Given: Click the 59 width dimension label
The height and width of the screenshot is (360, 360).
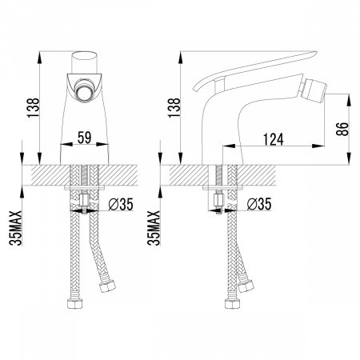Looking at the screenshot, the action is [x=84, y=138].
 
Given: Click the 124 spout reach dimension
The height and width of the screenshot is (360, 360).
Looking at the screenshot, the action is [x=274, y=139].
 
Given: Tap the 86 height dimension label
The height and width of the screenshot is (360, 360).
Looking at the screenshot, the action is [x=342, y=129].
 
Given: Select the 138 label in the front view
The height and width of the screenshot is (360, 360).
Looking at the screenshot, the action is [x=33, y=108].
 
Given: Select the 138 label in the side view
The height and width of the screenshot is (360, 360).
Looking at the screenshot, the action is [x=174, y=108].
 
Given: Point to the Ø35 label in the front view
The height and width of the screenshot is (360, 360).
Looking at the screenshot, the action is [x=121, y=204].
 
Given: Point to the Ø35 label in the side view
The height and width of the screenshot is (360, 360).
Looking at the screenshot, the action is [x=259, y=204].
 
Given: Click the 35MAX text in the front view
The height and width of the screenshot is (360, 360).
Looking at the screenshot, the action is [x=15, y=228].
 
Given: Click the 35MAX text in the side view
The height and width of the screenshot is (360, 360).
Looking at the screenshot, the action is [x=154, y=228].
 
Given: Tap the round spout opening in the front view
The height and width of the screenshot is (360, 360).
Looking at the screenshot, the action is [x=84, y=90].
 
